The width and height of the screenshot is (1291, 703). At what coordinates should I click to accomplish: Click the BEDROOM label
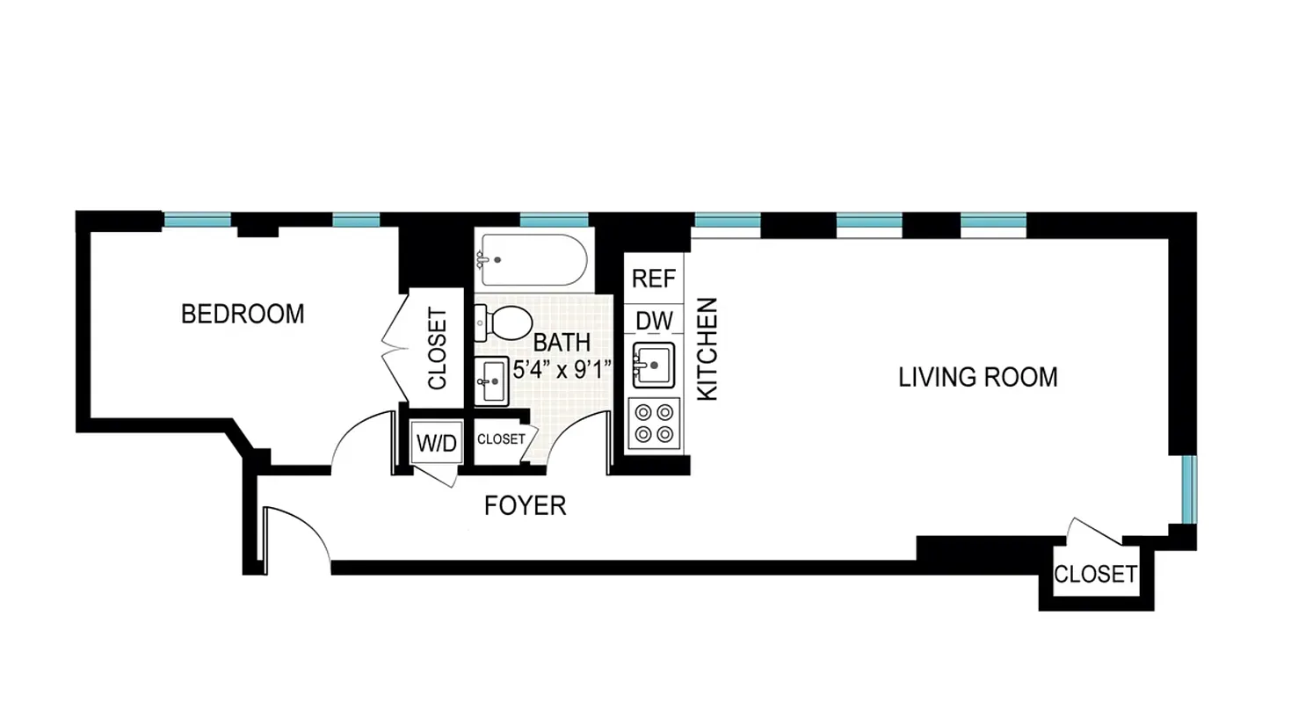(x=243, y=314)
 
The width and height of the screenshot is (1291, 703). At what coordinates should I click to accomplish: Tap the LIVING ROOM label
(x=977, y=378)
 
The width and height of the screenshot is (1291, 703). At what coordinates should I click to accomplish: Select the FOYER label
(x=526, y=506)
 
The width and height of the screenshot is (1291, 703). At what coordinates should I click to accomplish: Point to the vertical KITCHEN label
(x=707, y=349)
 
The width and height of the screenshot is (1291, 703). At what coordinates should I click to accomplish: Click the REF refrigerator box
(x=654, y=279)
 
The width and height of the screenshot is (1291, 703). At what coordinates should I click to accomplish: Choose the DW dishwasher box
(x=654, y=322)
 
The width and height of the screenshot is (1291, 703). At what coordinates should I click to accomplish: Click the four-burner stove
(x=655, y=422)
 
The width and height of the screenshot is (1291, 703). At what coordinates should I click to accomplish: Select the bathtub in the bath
(x=530, y=259)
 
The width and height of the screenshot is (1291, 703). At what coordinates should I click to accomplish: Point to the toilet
(x=502, y=323)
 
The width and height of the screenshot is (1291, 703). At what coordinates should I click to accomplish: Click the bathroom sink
(x=491, y=381)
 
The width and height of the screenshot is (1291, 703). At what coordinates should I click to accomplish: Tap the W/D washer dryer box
(x=437, y=444)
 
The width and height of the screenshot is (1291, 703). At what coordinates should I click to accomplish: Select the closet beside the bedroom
(x=437, y=348)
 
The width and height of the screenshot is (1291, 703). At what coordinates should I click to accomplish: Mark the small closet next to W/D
(x=500, y=438)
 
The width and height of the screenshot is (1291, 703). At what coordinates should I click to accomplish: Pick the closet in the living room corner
(x=1095, y=575)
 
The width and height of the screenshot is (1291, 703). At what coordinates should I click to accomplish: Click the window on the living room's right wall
(x=1188, y=489)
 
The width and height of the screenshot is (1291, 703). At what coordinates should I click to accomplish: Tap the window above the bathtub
(x=554, y=220)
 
